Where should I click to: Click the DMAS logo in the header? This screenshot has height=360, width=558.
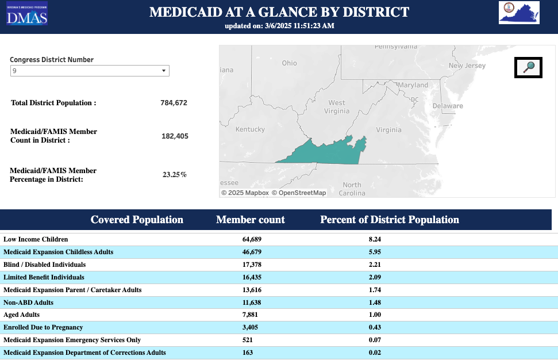(x=27, y=14)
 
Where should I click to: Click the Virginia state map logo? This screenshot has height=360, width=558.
(x=519, y=13)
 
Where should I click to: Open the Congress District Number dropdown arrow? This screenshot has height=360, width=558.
(x=164, y=71)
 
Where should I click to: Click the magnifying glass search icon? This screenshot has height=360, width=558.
(x=529, y=67)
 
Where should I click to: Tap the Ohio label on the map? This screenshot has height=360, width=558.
(x=289, y=63)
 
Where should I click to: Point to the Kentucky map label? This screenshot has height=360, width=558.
(x=250, y=129)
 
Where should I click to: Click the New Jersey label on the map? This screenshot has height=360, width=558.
(x=467, y=66)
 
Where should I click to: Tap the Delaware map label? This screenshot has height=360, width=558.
(x=447, y=106)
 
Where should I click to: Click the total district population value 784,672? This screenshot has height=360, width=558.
(x=174, y=103)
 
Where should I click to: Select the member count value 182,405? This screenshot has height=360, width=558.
(x=175, y=136)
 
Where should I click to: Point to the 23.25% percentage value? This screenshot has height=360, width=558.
(x=174, y=175)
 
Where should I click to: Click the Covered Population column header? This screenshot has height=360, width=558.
(x=137, y=220)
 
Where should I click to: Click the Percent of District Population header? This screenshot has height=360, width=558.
(x=389, y=220)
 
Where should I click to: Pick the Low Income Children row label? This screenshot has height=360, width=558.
(x=36, y=239)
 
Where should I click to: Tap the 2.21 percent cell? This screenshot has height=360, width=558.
(x=374, y=265)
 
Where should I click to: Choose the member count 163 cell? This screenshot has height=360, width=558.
(x=248, y=353)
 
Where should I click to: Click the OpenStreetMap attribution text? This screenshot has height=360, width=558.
(x=299, y=193)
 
